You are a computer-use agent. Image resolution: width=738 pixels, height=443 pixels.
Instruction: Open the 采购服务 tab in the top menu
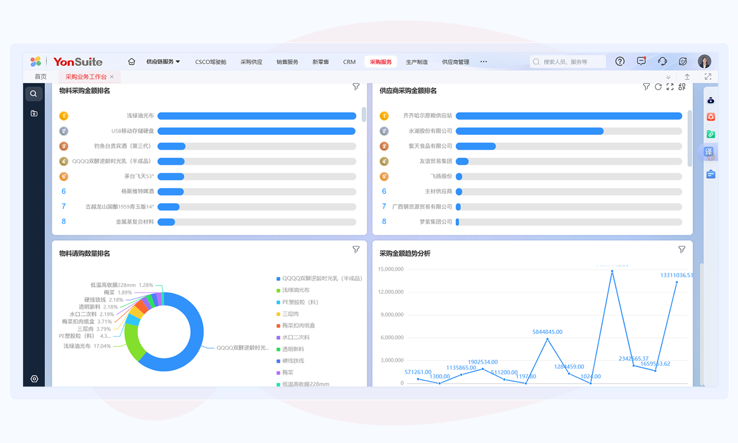381,62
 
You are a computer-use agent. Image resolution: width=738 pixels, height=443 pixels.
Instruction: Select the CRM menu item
349,62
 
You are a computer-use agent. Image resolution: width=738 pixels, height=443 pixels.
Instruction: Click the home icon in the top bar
132,62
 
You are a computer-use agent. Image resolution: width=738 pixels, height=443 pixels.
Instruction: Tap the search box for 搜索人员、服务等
568,62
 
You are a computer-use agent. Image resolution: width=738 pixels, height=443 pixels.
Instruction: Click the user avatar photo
705,62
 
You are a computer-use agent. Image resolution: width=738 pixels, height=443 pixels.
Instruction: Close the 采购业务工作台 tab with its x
112,77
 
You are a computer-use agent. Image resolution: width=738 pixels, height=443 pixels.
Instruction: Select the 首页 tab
40,77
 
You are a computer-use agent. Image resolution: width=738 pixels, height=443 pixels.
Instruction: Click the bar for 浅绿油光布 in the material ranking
256,116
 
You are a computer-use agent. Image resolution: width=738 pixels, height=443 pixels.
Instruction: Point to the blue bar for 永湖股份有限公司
529,131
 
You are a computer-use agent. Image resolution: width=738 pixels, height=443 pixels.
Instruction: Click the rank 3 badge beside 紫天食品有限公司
384,146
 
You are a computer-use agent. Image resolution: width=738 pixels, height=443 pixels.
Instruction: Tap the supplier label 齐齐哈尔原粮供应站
427,116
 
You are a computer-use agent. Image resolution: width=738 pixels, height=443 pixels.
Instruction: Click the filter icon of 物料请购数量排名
356,250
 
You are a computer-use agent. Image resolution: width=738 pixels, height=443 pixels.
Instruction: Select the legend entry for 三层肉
290,314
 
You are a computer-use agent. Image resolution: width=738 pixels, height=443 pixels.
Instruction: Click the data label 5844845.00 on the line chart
547,332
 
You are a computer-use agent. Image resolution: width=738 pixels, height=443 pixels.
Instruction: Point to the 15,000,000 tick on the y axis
391,269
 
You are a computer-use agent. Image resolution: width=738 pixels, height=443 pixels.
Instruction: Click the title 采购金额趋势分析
405,253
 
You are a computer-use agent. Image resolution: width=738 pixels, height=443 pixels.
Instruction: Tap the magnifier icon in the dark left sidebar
33,94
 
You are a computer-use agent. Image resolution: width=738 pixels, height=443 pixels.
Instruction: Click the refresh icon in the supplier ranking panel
658,87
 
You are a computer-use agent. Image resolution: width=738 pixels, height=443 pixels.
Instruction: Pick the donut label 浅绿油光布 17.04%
87,346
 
